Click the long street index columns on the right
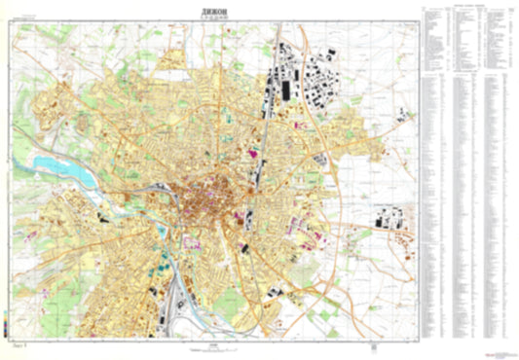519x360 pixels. (x=467, y=214)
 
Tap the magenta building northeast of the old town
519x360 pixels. (x=259, y=153)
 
